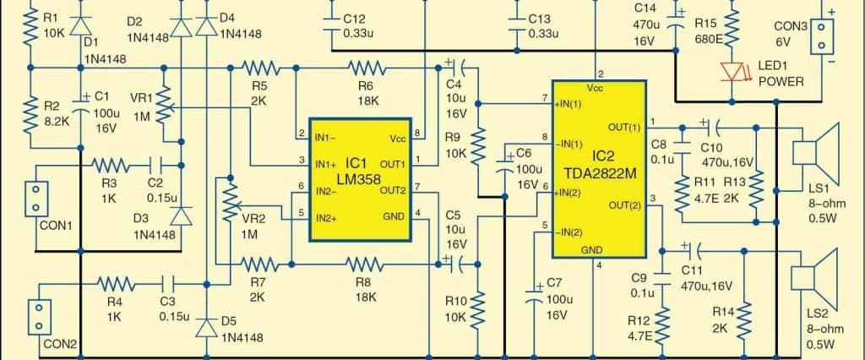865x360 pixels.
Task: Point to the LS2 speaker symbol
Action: tap(816, 276)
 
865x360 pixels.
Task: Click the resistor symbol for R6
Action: tap(365, 66)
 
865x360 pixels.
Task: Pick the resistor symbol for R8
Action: tap(365, 264)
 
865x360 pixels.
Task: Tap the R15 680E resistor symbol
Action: tap(732, 30)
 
